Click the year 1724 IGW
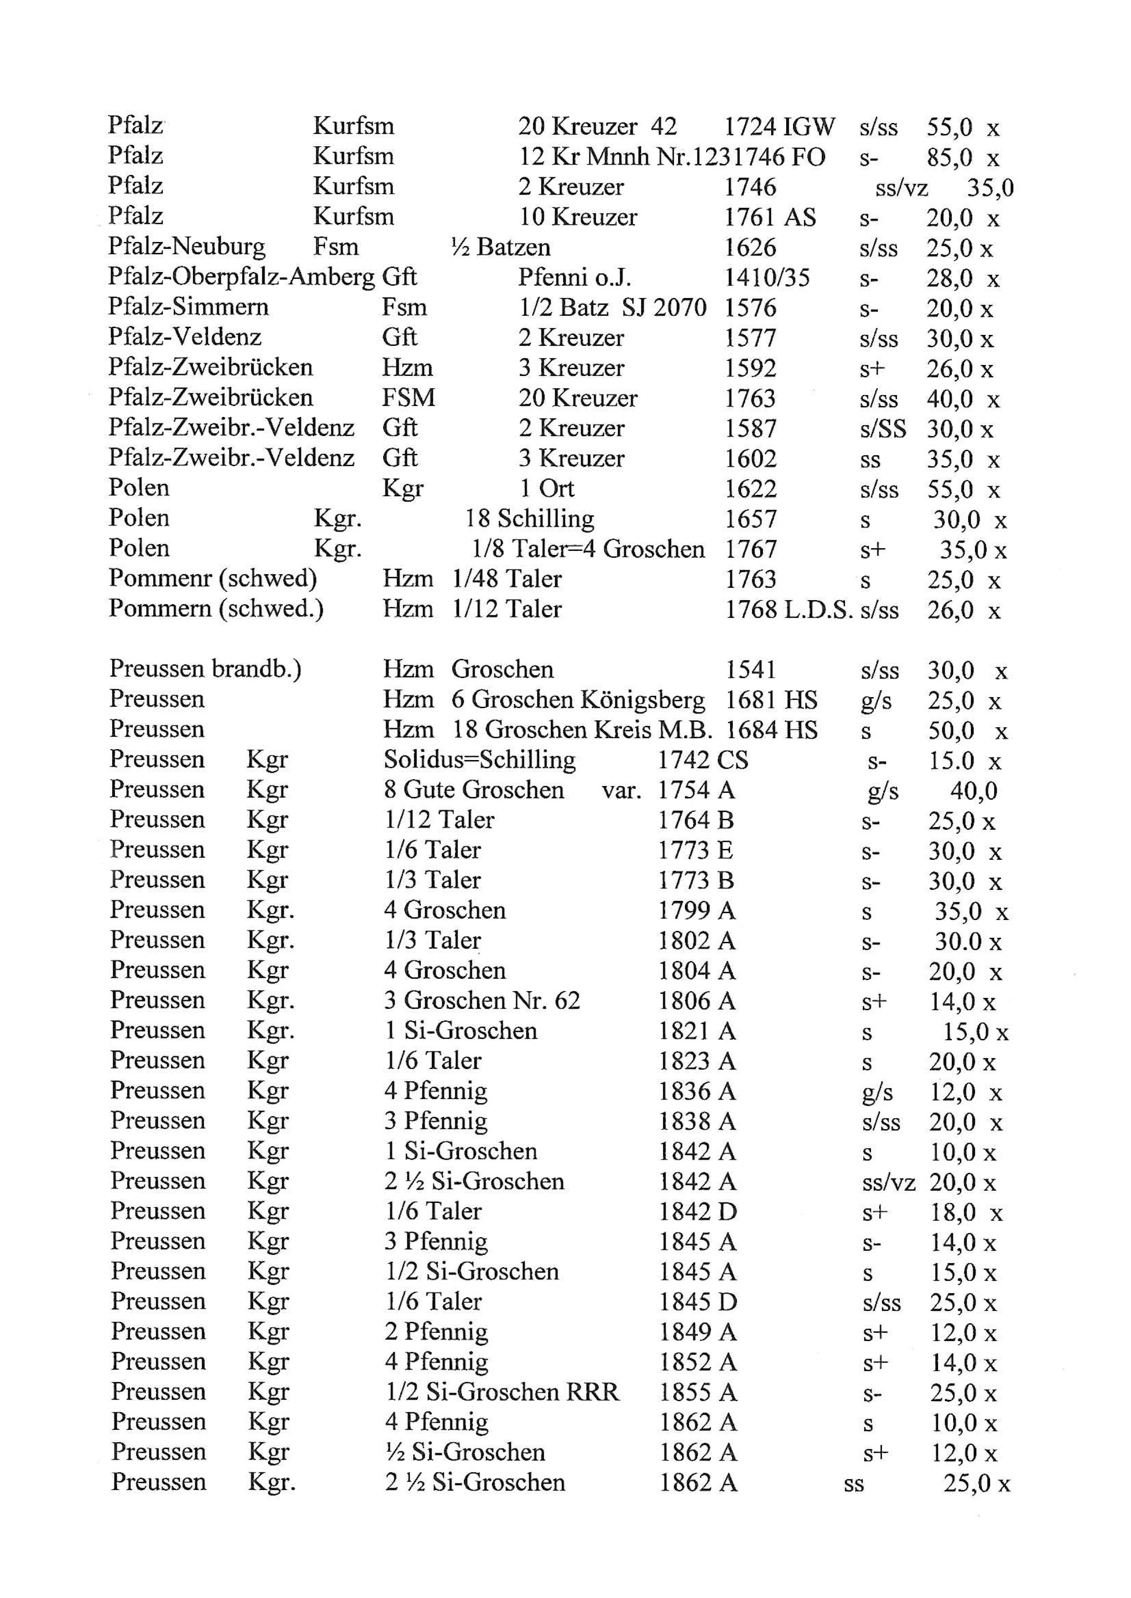778,127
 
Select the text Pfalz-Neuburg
187,247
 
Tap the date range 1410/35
767,277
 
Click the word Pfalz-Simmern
188,307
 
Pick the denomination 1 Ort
547,488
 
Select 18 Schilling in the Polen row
529,519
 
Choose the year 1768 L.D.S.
789,610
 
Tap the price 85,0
949,157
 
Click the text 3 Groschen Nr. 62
482,1001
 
